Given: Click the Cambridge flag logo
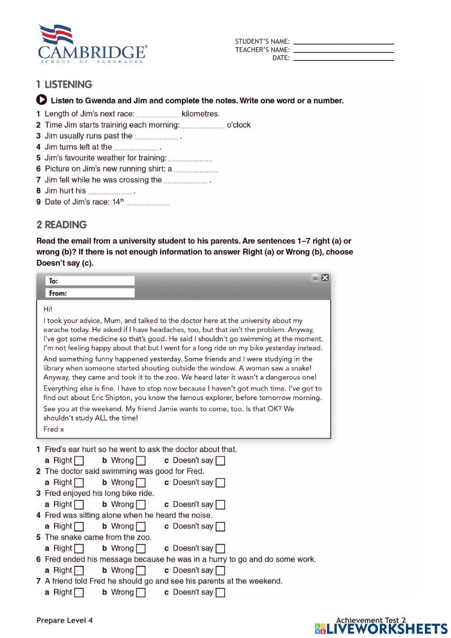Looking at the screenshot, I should [56, 35].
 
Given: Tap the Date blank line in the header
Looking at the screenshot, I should [343, 59].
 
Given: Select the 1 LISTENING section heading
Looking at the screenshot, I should [64, 84].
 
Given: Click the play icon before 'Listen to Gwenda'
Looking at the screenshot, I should [41, 100].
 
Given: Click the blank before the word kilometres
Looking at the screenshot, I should [158, 115].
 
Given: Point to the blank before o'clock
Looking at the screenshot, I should [203, 126].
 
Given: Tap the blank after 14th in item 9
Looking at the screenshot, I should [148, 203].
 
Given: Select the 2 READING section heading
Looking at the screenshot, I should [61, 225].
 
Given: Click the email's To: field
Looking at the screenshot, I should [90, 281].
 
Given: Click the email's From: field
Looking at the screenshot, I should [90, 293].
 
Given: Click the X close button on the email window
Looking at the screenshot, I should [325, 278].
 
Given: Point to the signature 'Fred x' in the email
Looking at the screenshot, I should [54, 429].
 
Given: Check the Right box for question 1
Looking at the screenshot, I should [79, 461].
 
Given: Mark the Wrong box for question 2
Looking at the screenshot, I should [141, 483].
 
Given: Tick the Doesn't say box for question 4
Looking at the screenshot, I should [220, 526].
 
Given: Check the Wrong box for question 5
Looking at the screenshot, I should [141, 549].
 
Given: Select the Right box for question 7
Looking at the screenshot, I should [79, 592].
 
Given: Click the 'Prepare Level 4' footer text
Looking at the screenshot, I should [64, 620].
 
